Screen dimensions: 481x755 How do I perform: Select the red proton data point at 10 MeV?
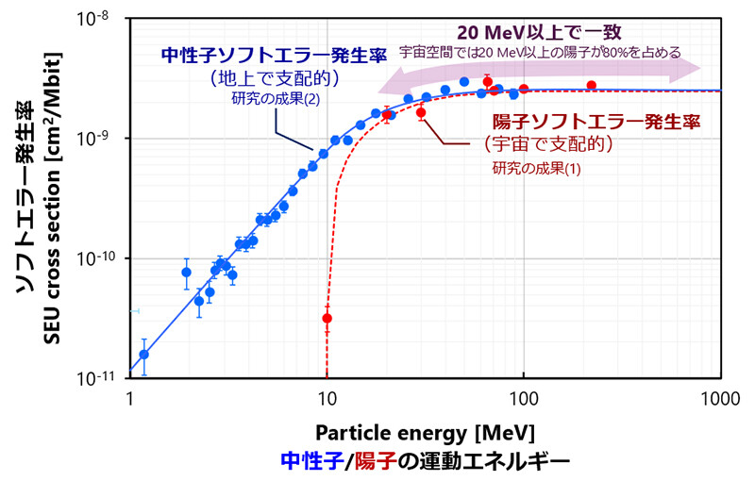click(327, 318)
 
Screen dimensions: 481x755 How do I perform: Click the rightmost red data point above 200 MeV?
click(591, 86)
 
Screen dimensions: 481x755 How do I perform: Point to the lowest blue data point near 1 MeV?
click(143, 355)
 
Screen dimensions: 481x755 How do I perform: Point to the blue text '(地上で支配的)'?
click(270, 79)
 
